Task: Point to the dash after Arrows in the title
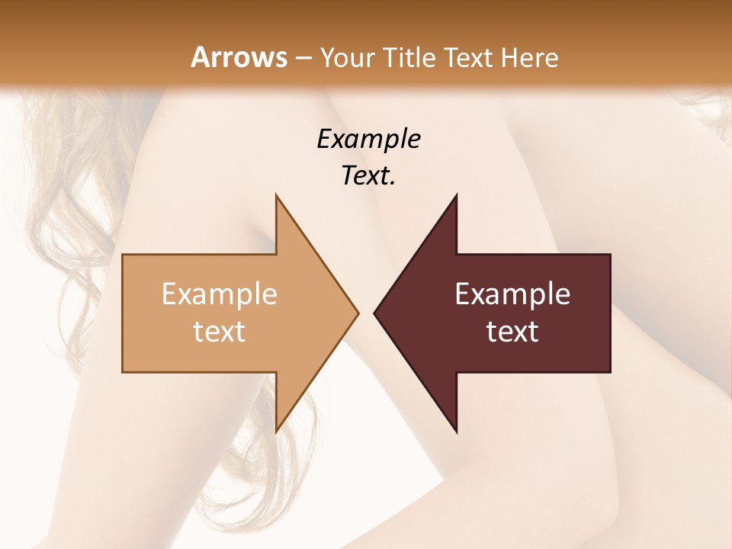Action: pyautogui.click(x=303, y=58)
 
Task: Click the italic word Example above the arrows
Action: pyautogui.click(x=368, y=139)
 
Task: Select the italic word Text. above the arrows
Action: pyautogui.click(x=368, y=175)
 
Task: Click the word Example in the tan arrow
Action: pyautogui.click(x=220, y=294)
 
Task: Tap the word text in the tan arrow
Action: pyautogui.click(x=220, y=331)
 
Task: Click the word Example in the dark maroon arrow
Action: pyautogui.click(x=512, y=294)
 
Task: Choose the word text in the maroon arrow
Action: pyautogui.click(x=512, y=331)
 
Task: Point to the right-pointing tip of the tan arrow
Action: pyautogui.click(x=358, y=313)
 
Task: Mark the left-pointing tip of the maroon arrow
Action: pyautogui.click(x=374, y=313)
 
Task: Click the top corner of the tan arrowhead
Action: pyautogui.click(x=276, y=195)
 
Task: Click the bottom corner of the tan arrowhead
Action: pyautogui.click(x=276, y=432)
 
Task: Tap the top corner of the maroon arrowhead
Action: pyautogui.click(x=456, y=195)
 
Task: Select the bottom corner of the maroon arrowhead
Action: pyautogui.click(x=456, y=432)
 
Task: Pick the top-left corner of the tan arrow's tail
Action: pyautogui.click(x=123, y=255)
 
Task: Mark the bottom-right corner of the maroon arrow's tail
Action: pyautogui.click(x=610, y=372)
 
